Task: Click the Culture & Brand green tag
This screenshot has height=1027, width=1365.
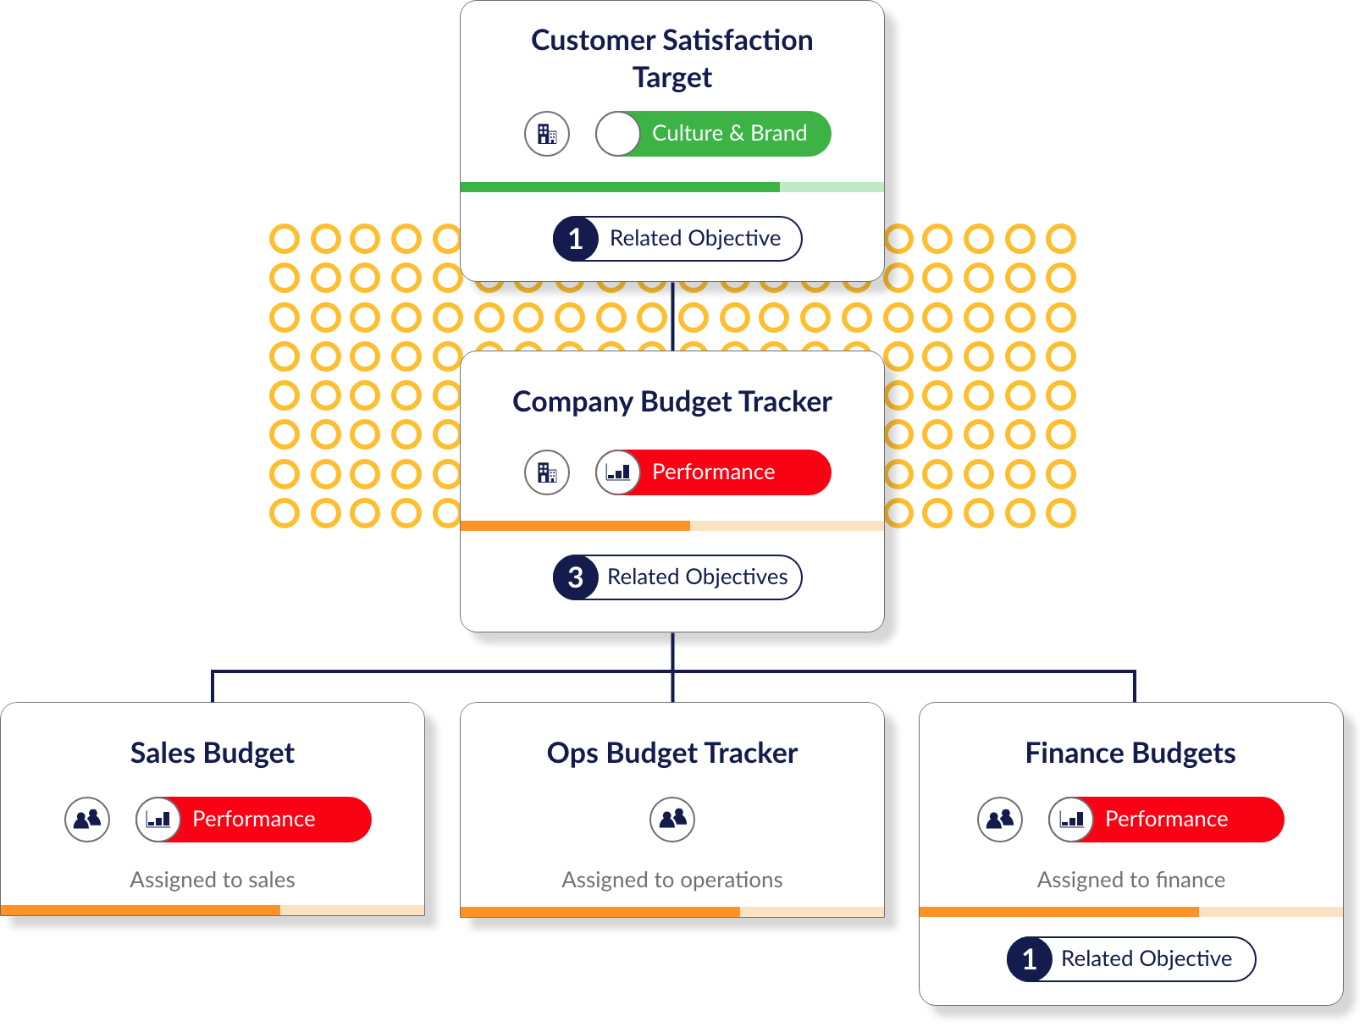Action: click(713, 134)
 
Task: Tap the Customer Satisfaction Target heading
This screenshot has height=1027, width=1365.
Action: click(671, 59)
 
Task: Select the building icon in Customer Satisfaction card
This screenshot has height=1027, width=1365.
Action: click(547, 134)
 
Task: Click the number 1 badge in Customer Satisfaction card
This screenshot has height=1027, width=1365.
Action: click(575, 239)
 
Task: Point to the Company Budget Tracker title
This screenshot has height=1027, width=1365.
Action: click(671, 402)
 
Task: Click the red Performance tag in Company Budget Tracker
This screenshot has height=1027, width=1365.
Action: click(713, 472)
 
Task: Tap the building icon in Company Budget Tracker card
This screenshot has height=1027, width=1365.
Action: click(547, 472)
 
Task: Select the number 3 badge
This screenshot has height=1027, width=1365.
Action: click(575, 577)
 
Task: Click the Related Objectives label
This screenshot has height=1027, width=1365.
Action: click(697, 577)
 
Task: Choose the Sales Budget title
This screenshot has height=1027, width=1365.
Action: click(212, 754)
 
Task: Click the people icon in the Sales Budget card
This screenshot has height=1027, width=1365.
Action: click(87, 820)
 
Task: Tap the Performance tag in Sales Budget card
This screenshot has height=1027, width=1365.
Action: click(253, 820)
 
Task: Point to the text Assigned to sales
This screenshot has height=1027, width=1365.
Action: click(212, 880)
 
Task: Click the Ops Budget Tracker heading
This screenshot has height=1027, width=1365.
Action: click(671, 754)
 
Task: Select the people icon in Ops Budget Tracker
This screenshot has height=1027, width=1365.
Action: click(672, 820)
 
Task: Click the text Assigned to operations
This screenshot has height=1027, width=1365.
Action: click(671, 880)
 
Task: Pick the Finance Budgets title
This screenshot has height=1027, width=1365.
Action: click(1130, 754)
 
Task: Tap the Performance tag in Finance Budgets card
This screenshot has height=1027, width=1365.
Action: click(1166, 820)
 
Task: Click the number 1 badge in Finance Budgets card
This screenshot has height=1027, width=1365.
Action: click(1029, 959)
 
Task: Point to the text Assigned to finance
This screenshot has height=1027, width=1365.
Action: click(1130, 880)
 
